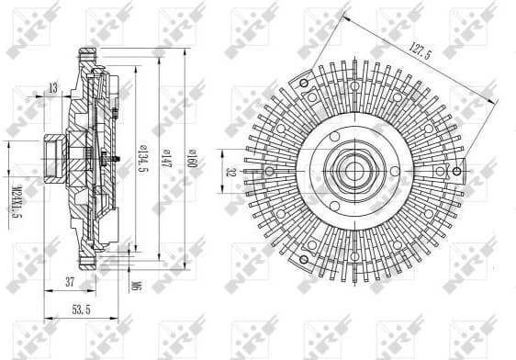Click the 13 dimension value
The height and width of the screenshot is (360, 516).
pyautogui.click(x=52, y=87)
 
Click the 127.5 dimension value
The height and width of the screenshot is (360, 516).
pyautogui.click(x=419, y=55)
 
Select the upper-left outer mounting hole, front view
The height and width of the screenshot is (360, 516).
pyautogui.click(x=313, y=96)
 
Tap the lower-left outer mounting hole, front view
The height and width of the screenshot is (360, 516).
pyautogui.click(x=313, y=243)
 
